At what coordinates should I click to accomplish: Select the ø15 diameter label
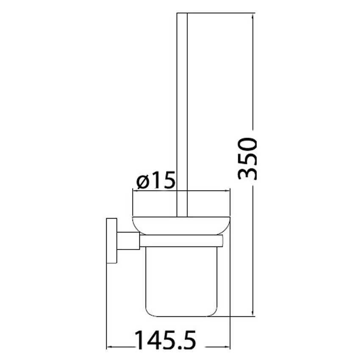pos(156,182)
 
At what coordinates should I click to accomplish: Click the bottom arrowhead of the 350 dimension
pos(253,313)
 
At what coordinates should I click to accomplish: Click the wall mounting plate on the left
pos(111,241)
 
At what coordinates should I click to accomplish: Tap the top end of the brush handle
pos(182,15)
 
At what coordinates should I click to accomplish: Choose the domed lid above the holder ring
pos(182,225)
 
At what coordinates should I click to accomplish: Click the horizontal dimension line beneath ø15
pos(203,191)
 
